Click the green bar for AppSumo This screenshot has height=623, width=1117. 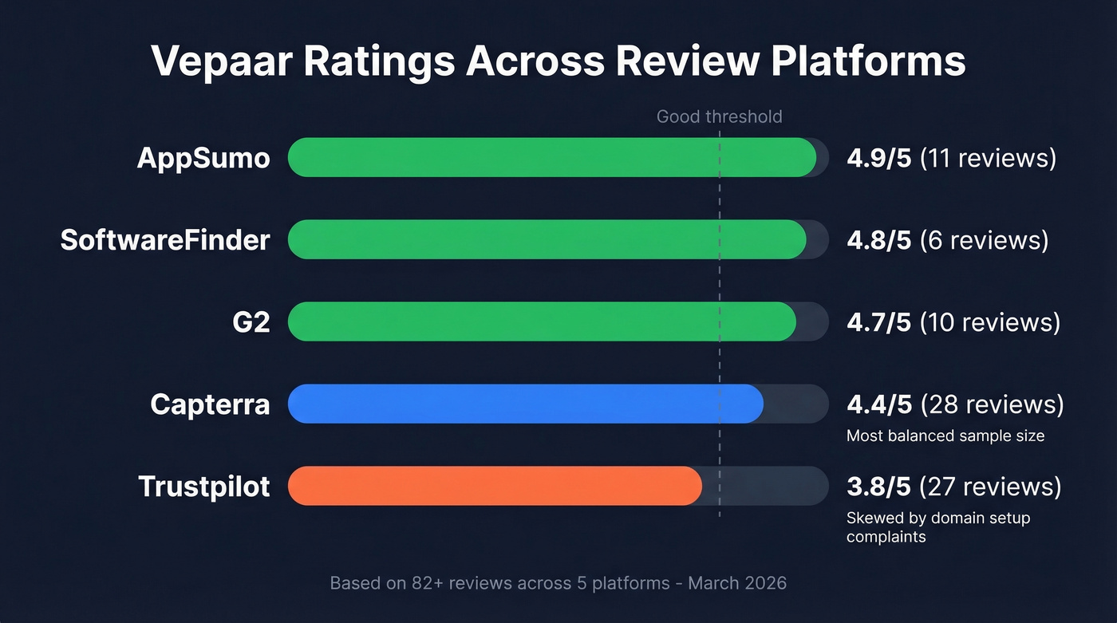click(x=551, y=157)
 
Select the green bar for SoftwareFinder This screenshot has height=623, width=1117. click(x=547, y=239)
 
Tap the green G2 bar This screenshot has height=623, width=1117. click(x=541, y=321)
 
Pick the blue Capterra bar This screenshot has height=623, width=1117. click(x=525, y=404)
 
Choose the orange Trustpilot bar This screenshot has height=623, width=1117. click(x=494, y=486)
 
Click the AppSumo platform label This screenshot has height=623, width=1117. click(x=203, y=158)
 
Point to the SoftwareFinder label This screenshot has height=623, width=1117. click(x=165, y=240)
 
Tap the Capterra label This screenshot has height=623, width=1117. click(x=210, y=404)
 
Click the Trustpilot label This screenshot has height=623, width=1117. click(x=204, y=487)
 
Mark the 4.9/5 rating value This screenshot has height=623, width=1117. click(x=878, y=158)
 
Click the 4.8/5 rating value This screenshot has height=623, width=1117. click(x=878, y=240)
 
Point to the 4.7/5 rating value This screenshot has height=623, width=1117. click(x=878, y=322)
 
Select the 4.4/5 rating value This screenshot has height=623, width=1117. click(x=878, y=404)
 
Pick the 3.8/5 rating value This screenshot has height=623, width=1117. click(x=878, y=487)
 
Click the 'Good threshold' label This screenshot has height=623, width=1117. click(x=719, y=117)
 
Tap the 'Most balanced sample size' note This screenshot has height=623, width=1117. click(x=945, y=436)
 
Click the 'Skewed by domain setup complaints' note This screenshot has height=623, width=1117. click(x=937, y=527)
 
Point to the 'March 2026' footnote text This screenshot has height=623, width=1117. click(x=737, y=583)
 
